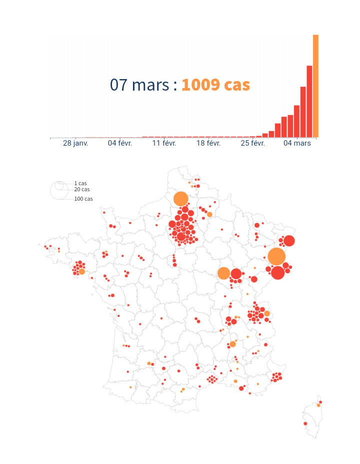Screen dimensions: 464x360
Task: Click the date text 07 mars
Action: coord(139,85)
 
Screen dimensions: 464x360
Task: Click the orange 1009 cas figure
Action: coord(215,85)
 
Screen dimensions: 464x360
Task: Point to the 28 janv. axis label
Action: coord(75,144)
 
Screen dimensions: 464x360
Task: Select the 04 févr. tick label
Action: coord(120,144)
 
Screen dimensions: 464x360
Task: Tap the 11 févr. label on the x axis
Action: coord(164,144)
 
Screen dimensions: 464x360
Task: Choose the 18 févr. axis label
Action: coord(208,144)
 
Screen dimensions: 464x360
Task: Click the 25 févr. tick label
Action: coord(253,144)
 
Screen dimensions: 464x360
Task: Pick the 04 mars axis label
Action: coord(297,144)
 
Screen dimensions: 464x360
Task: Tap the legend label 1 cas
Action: coord(80,184)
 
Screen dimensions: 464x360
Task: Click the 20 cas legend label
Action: coord(82,190)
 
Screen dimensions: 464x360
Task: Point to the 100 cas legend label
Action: coord(83,199)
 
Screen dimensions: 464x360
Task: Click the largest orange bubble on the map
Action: coord(276,256)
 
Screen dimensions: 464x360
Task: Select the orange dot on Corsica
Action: coord(318,405)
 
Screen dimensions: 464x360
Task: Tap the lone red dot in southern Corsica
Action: coord(305,424)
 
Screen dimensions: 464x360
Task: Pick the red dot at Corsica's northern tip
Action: coord(320,402)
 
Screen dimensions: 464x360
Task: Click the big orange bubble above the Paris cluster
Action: coord(181,199)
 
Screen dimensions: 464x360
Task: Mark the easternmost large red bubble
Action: coord(289,241)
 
